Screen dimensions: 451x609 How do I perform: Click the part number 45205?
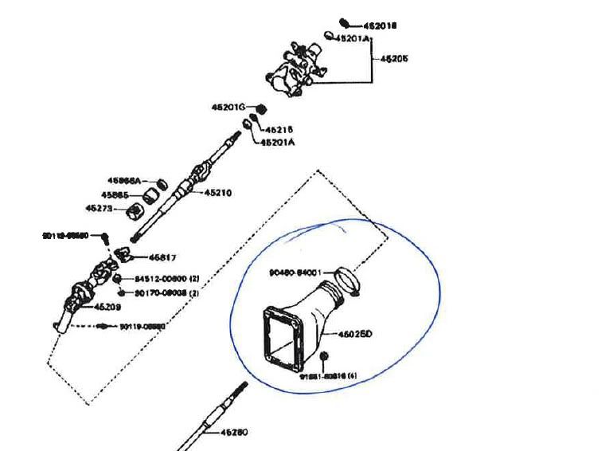tap(394, 59)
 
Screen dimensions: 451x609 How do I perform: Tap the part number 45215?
tap(279, 128)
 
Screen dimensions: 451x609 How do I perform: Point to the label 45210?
tap(218, 192)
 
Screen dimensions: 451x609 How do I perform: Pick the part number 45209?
tap(107, 306)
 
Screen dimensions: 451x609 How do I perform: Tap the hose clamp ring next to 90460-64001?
tap(348, 278)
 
